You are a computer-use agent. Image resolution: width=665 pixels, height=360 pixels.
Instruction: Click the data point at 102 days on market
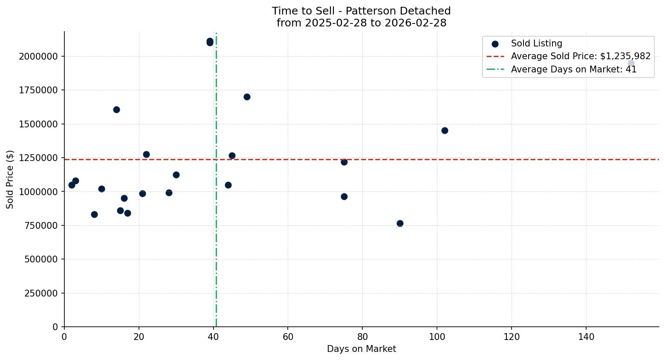[445, 130]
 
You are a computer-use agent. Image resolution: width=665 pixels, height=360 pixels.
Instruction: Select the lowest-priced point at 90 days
[400, 223]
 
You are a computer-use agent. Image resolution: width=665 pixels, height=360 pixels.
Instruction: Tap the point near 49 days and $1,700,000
[247, 97]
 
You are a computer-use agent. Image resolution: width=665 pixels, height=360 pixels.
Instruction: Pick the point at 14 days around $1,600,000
[116, 109]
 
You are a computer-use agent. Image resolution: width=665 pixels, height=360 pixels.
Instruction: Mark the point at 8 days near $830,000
[94, 214]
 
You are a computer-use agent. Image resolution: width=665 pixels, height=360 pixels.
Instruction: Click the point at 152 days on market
[631, 63]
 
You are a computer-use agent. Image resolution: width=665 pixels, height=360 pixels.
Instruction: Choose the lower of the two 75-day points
[344, 196]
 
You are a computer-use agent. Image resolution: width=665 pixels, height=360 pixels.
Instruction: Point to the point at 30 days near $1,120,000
[176, 175]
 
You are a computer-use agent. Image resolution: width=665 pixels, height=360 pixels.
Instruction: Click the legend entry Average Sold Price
[580, 56]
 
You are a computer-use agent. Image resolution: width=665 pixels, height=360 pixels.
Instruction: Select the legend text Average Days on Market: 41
[573, 69]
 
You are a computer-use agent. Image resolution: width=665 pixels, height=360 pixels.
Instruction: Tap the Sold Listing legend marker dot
[495, 44]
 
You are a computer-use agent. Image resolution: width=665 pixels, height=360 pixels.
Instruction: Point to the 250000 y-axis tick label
[41, 293]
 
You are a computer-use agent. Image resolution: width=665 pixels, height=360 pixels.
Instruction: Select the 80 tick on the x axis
[362, 337]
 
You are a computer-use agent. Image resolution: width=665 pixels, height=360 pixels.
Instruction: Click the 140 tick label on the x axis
[586, 337]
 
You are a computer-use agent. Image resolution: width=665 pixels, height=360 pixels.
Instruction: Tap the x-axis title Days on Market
[361, 349]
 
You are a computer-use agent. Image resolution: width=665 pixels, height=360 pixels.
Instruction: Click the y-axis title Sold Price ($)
[10, 179]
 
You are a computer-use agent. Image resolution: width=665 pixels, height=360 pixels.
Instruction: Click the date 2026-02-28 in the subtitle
[415, 23]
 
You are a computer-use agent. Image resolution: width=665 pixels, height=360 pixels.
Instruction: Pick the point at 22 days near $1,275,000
[146, 154]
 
